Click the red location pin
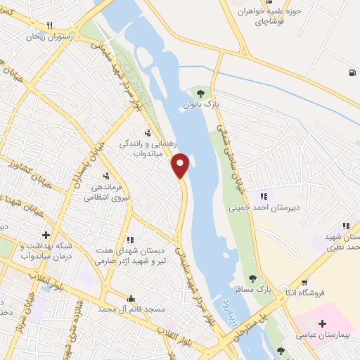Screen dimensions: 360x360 pyautogui.click(x=181, y=166)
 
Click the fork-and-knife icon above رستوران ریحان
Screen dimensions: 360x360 pyautogui.click(x=49, y=25)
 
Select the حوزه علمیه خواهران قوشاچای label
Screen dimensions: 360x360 pyautogui.click(x=269, y=17)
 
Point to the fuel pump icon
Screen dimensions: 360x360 pyautogui.click(x=351, y=72)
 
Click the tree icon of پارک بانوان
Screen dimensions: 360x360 pyautogui.click(x=200, y=93)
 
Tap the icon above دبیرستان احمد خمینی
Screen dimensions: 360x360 pyautogui.click(x=264, y=196)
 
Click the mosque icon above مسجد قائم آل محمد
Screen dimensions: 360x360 pyautogui.click(x=130, y=298)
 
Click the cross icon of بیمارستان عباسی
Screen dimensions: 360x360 pyautogui.click(x=321, y=324)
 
